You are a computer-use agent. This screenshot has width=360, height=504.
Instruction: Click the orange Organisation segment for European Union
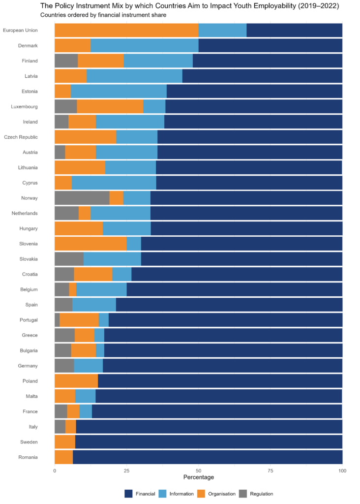point(126,31)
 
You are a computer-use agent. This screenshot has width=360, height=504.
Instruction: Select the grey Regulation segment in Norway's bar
point(82,198)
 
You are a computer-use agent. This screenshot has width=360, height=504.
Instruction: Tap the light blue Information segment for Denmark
point(145,46)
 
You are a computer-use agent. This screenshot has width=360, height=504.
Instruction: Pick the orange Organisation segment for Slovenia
point(90,244)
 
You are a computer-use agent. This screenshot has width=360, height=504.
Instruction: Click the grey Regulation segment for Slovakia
point(69,259)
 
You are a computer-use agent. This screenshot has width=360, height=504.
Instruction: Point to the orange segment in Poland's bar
point(76,381)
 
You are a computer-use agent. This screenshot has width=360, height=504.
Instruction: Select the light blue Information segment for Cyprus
point(114,183)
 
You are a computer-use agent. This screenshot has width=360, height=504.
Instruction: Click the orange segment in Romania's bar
point(63,457)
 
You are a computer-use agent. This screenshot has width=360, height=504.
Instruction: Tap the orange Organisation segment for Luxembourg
point(110,106)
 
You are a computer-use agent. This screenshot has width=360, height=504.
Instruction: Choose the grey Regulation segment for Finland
point(66,61)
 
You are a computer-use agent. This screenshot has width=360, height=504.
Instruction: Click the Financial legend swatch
point(129,494)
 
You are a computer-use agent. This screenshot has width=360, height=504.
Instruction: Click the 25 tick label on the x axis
point(126,471)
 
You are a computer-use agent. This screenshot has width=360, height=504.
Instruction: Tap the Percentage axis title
point(198,478)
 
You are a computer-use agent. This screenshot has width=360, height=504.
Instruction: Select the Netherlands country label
point(25,213)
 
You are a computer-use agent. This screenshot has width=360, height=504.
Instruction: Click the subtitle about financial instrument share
point(103,15)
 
